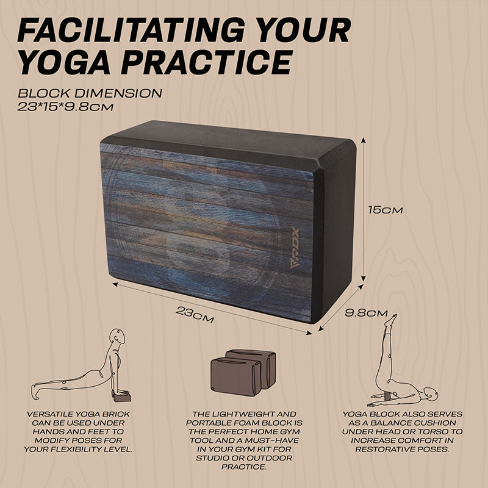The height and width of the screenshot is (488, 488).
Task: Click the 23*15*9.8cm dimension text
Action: coord(65,107)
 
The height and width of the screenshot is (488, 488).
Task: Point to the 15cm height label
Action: coord(386,210)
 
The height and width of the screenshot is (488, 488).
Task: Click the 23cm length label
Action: coord(195,315)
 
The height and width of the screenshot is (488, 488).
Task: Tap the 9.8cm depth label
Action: coord(366,313)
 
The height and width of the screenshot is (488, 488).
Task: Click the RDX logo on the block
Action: coord(295,248)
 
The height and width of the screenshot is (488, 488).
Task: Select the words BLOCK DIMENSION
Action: coord(90,93)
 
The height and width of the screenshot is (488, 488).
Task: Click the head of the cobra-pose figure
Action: coord(118,336)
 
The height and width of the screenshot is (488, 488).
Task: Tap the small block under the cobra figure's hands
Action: coord(122,397)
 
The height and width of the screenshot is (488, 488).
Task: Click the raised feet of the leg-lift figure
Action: coord(391,320)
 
